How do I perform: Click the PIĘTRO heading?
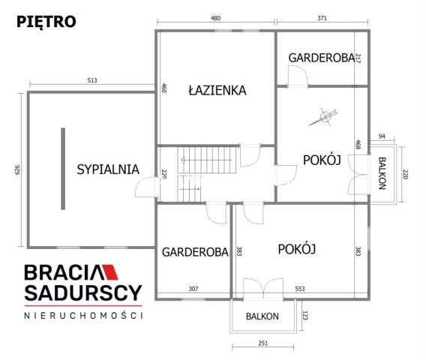46,21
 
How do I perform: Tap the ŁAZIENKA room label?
217,90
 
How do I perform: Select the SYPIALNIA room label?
108,169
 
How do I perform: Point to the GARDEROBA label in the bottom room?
194,253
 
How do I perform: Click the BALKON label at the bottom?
262,316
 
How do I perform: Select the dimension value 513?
91,80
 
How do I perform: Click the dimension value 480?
215,18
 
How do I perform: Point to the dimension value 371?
322,18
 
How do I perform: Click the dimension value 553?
299,289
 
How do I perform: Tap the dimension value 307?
193,289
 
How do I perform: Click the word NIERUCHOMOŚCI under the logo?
83,316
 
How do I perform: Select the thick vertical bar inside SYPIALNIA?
63,169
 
